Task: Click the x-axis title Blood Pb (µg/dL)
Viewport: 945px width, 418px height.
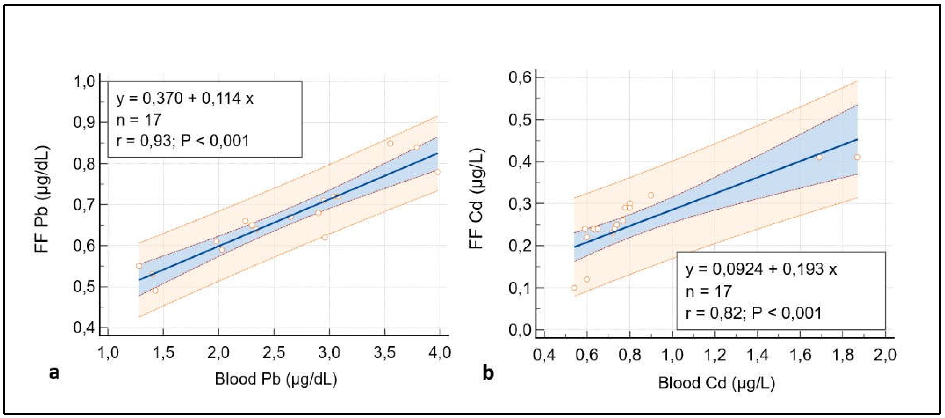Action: [x=276, y=379]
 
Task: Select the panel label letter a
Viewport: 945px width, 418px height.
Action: [x=54, y=373]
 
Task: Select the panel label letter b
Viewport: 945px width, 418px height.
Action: [x=488, y=373]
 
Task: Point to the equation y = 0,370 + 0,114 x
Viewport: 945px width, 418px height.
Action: [x=185, y=98]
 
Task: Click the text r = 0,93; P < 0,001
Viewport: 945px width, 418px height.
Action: [x=183, y=141]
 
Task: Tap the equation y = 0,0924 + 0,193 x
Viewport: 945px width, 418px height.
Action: [x=761, y=269]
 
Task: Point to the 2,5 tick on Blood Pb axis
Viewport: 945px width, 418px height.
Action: [x=274, y=353]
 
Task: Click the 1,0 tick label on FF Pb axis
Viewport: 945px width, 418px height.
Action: [x=85, y=82]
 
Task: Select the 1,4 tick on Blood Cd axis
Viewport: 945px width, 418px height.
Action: [x=758, y=355]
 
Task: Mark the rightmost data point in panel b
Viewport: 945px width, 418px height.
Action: [x=857, y=157]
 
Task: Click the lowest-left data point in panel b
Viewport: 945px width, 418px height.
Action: [x=574, y=288]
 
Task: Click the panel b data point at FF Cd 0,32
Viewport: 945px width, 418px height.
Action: [x=651, y=195]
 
